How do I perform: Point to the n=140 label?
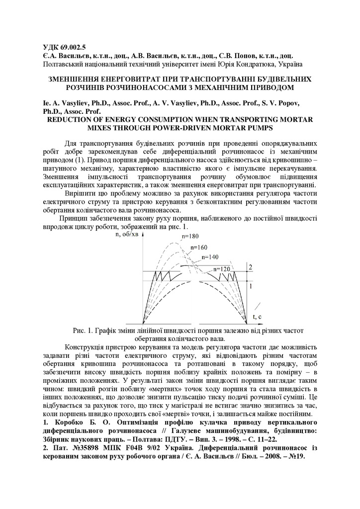tap(210, 257)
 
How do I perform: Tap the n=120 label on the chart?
tap(221, 269)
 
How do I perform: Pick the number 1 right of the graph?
tap(251, 286)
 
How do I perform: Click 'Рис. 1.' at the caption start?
tap(85, 330)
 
